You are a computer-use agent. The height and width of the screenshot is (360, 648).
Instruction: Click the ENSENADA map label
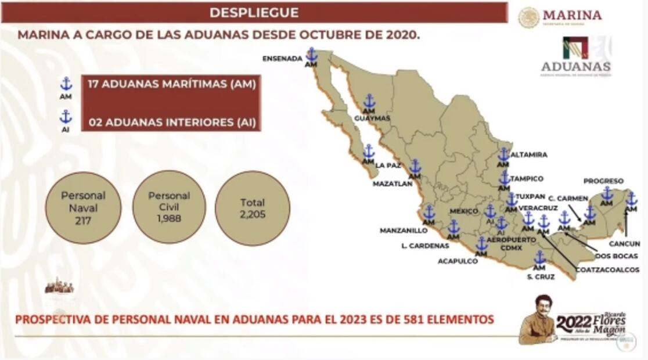click(x=282, y=59)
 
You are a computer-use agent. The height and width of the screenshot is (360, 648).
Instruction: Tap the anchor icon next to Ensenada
click(x=312, y=55)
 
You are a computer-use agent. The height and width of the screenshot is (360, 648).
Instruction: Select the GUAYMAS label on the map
click(x=372, y=118)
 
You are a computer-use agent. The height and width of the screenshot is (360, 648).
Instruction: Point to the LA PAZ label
click(x=388, y=165)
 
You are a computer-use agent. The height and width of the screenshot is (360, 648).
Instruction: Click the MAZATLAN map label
click(x=393, y=183)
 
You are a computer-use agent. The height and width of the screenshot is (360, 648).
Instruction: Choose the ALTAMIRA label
click(x=529, y=155)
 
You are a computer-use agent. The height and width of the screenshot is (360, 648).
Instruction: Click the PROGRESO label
click(x=603, y=181)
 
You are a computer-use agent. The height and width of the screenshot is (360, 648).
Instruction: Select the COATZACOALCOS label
click(x=607, y=269)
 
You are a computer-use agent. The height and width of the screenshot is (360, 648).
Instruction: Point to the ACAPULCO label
click(x=458, y=261)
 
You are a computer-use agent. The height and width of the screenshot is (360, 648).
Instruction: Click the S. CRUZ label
click(x=541, y=277)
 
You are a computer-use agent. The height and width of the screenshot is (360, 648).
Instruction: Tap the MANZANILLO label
click(x=404, y=231)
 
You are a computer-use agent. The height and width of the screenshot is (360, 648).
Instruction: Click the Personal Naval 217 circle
click(x=83, y=207)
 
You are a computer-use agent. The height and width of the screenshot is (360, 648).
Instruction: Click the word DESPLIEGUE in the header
click(x=254, y=12)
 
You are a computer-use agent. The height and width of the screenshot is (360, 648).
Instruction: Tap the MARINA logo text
click(x=572, y=15)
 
